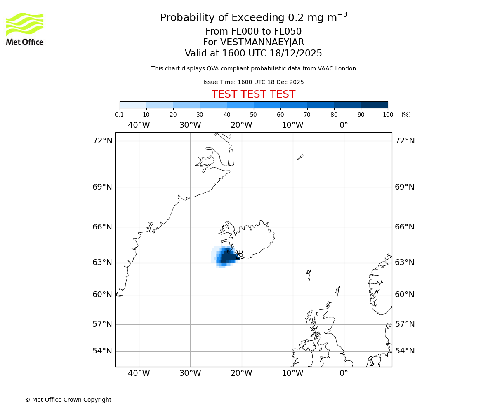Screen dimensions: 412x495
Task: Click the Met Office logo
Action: pyautogui.click(x=25, y=29)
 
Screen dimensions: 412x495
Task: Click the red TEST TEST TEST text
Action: pyautogui.click(x=253, y=94)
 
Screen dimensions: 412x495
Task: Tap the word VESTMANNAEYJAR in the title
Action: pyautogui.click(x=262, y=42)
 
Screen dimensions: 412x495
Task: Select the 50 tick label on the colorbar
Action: pyautogui.click(x=253, y=115)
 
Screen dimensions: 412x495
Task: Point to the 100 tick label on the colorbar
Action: pyautogui.click(x=388, y=115)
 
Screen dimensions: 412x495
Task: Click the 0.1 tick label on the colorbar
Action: pyautogui.click(x=119, y=115)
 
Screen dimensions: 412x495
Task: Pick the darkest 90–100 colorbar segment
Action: pyautogui.click(x=374, y=105)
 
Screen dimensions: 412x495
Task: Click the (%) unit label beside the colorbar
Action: pyautogui.click(x=406, y=115)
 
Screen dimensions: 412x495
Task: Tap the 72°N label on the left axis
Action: pyautogui.click(x=102, y=141)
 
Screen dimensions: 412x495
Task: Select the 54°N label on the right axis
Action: pyautogui.click(x=405, y=351)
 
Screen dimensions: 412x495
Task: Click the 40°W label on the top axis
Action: pyautogui.click(x=139, y=125)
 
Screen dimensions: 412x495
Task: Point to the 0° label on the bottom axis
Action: pyautogui.click(x=344, y=373)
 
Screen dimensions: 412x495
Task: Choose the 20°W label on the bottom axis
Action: pyautogui.click(x=241, y=373)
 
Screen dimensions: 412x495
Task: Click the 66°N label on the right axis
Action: pyautogui.click(x=405, y=227)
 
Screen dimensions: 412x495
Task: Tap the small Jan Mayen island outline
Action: pyautogui.click(x=300, y=157)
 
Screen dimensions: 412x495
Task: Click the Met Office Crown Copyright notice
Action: pyautogui.click(x=68, y=400)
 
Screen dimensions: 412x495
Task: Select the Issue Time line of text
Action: pyautogui.click(x=253, y=82)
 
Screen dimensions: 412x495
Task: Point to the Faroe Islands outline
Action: pyautogui.click(x=309, y=274)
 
